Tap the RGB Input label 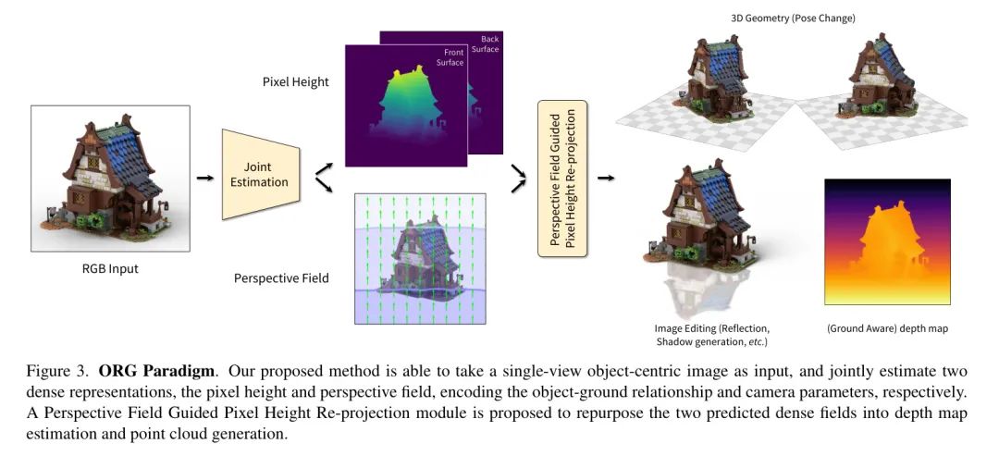pyautogui.click(x=110, y=270)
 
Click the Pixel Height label pyautogui.click(x=296, y=82)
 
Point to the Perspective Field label pyautogui.click(x=281, y=277)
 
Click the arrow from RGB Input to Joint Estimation pyautogui.click(x=204, y=175)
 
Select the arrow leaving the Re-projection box pyautogui.click(x=606, y=176)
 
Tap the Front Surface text pyautogui.click(x=450, y=57)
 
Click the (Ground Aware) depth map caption pyautogui.click(x=887, y=327)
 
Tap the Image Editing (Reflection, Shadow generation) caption pyautogui.click(x=712, y=335)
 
